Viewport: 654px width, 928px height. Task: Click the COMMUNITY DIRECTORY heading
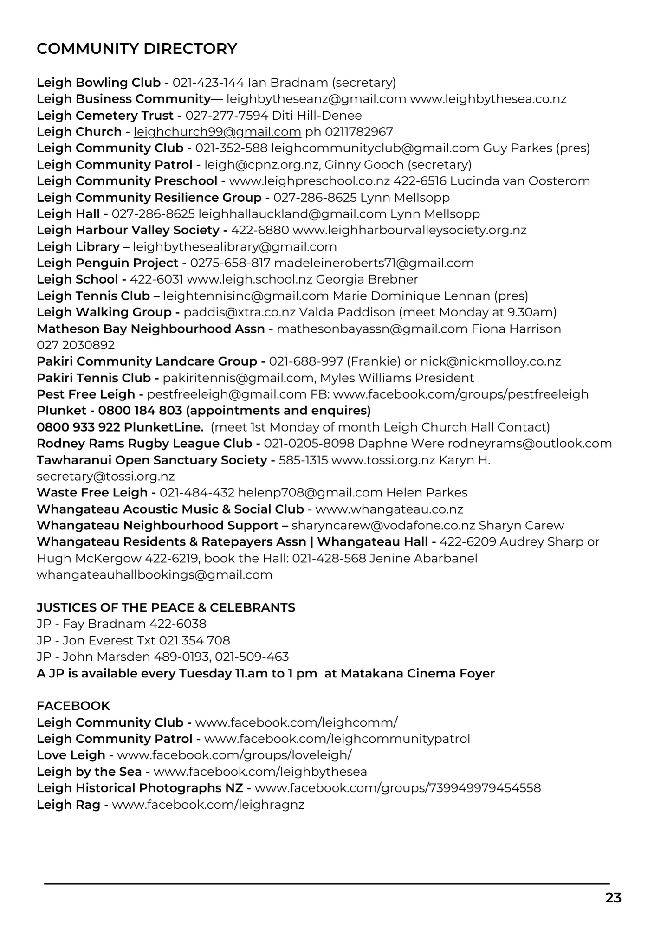pyautogui.click(x=137, y=49)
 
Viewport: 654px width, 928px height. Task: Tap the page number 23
pyautogui.click(x=613, y=898)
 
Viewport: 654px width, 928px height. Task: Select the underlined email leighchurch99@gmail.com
pyautogui.click(x=217, y=132)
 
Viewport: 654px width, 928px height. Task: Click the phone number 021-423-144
pyautogui.click(x=208, y=83)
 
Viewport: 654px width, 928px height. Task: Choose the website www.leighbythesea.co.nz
pyautogui.click(x=488, y=99)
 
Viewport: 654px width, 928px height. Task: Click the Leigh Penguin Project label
pyautogui.click(x=107, y=263)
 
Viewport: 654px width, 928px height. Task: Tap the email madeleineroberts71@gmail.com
pyautogui.click(x=374, y=263)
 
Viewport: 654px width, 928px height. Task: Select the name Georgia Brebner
pyautogui.click(x=367, y=279)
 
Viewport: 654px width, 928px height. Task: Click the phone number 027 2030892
pyautogui.click(x=76, y=345)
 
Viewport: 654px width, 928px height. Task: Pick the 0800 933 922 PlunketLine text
pyautogui.click(x=120, y=427)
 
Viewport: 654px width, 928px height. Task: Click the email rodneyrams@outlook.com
pyautogui.click(x=530, y=444)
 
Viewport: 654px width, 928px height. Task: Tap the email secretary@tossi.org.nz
pyautogui.click(x=106, y=477)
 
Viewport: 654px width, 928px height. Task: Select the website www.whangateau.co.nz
pyautogui.click(x=389, y=509)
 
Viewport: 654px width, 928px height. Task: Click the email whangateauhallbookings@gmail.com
pyautogui.click(x=155, y=575)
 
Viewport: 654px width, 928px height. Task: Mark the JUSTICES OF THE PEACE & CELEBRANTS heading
pyautogui.click(x=166, y=607)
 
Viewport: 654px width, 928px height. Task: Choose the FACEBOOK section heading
pyautogui.click(x=73, y=706)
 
